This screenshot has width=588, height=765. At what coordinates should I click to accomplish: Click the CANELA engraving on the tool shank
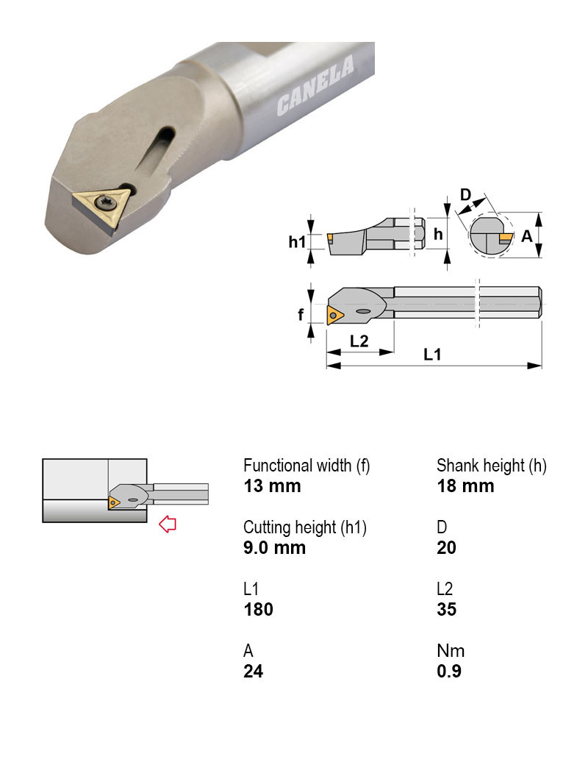pyautogui.click(x=315, y=87)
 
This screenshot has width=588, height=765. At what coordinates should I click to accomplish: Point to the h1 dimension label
pyautogui.click(x=297, y=241)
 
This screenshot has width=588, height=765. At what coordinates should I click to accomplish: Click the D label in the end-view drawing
pyautogui.click(x=466, y=195)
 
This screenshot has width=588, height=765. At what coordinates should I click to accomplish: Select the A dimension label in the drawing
pyautogui.click(x=526, y=236)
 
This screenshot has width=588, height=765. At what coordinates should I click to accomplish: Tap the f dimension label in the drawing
pyautogui.click(x=301, y=315)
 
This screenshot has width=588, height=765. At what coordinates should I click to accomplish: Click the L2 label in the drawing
pyautogui.click(x=359, y=341)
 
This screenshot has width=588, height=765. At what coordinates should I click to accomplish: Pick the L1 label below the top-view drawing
pyautogui.click(x=433, y=354)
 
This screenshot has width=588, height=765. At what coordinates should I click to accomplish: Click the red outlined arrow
pyautogui.click(x=168, y=524)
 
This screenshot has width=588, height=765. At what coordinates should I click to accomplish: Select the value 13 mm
pyautogui.click(x=272, y=486)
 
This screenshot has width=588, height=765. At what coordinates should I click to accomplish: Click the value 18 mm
pyautogui.click(x=465, y=486)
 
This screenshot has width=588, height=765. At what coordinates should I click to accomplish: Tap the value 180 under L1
pyautogui.click(x=258, y=610)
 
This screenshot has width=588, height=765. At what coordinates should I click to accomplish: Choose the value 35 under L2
pyautogui.click(x=446, y=610)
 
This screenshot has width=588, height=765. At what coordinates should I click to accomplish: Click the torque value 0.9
pyautogui.click(x=449, y=672)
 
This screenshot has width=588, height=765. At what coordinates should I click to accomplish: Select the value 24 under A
pyautogui.click(x=253, y=672)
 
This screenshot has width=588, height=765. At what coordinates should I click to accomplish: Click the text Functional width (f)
pyautogui.click(x=306, y=466)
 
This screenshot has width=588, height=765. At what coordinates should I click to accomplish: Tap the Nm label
pyautogui.click(x=451, y=651)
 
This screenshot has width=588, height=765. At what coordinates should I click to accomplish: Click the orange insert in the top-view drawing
pyautogui.click(x=334, y=315)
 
